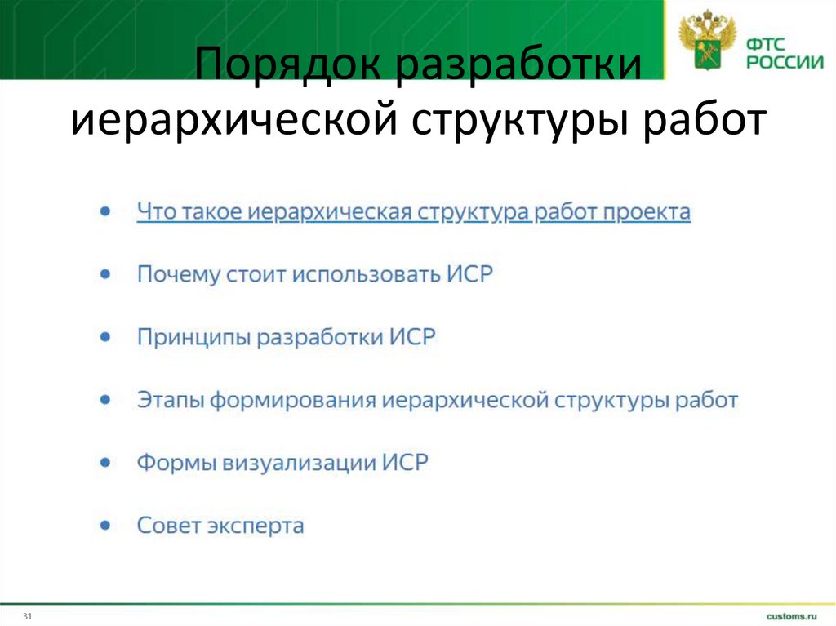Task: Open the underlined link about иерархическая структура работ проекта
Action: coord(413,212)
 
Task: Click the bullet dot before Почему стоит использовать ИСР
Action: coord(104,274)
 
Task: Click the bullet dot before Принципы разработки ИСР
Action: coord(104,336)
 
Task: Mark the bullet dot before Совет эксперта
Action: coord(104,525)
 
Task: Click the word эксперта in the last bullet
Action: coord(260,526)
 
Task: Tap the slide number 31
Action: coord(27,615)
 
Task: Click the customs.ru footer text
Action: coord(791,615)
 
